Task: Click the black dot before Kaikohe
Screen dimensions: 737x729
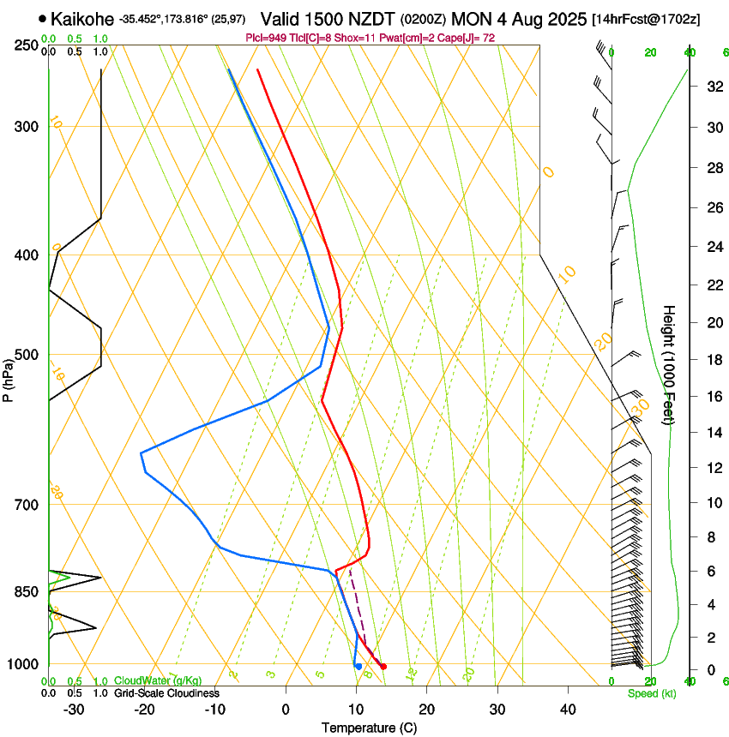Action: tap(42, 18)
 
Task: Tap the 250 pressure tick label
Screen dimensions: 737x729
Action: tap(26, 45)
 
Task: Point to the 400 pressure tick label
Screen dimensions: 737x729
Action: tap(26, 255)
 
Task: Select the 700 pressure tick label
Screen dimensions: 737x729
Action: tap(26, 505)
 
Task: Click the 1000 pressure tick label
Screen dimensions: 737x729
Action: tap(23, 665)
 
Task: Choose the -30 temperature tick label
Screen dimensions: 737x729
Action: tap(74, 710)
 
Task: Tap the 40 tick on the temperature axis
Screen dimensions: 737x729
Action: tap(568, 710)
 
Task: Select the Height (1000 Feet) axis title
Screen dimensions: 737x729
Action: tap(669, 365)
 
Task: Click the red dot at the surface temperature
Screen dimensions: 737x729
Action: tap(383, 666)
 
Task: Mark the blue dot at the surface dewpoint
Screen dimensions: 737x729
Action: tap(358, 666)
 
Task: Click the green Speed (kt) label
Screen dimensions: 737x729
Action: tap(652, 692)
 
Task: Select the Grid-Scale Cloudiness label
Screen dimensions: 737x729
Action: tap(166, 692)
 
